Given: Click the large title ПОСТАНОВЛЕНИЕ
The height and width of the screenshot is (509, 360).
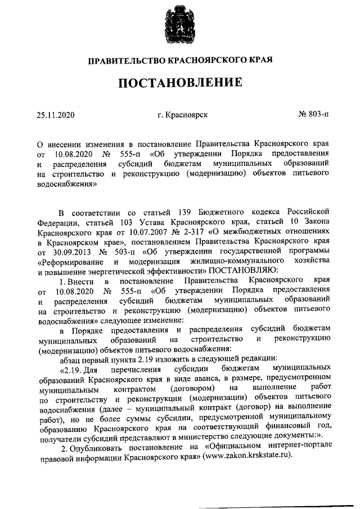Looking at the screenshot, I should coord(180,83).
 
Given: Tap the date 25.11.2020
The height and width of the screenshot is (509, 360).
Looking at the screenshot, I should coord(56,115).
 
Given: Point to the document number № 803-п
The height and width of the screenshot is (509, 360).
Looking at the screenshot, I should coord(313,115).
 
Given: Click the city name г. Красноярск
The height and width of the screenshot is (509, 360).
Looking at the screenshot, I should coord(183,115).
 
